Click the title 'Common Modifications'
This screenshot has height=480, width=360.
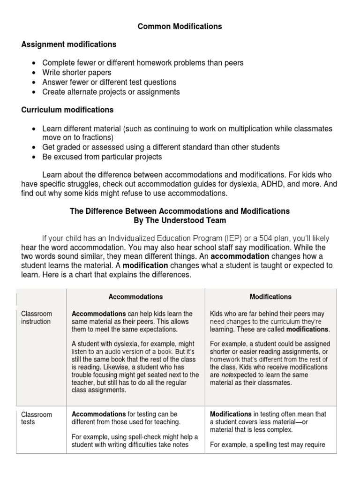point(180,27)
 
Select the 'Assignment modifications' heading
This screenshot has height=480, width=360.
point(69,45)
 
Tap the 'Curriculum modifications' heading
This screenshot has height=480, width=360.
point(67,110)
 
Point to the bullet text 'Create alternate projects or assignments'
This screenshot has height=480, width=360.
point(111,92)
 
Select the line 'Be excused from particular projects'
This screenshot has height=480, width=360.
point(102,157)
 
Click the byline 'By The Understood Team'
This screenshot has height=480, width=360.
point(180,220)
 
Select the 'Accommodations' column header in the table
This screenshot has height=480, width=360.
point(135,297)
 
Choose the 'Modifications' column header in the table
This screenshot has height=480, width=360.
point(270,297)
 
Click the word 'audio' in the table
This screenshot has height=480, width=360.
point(112,352)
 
